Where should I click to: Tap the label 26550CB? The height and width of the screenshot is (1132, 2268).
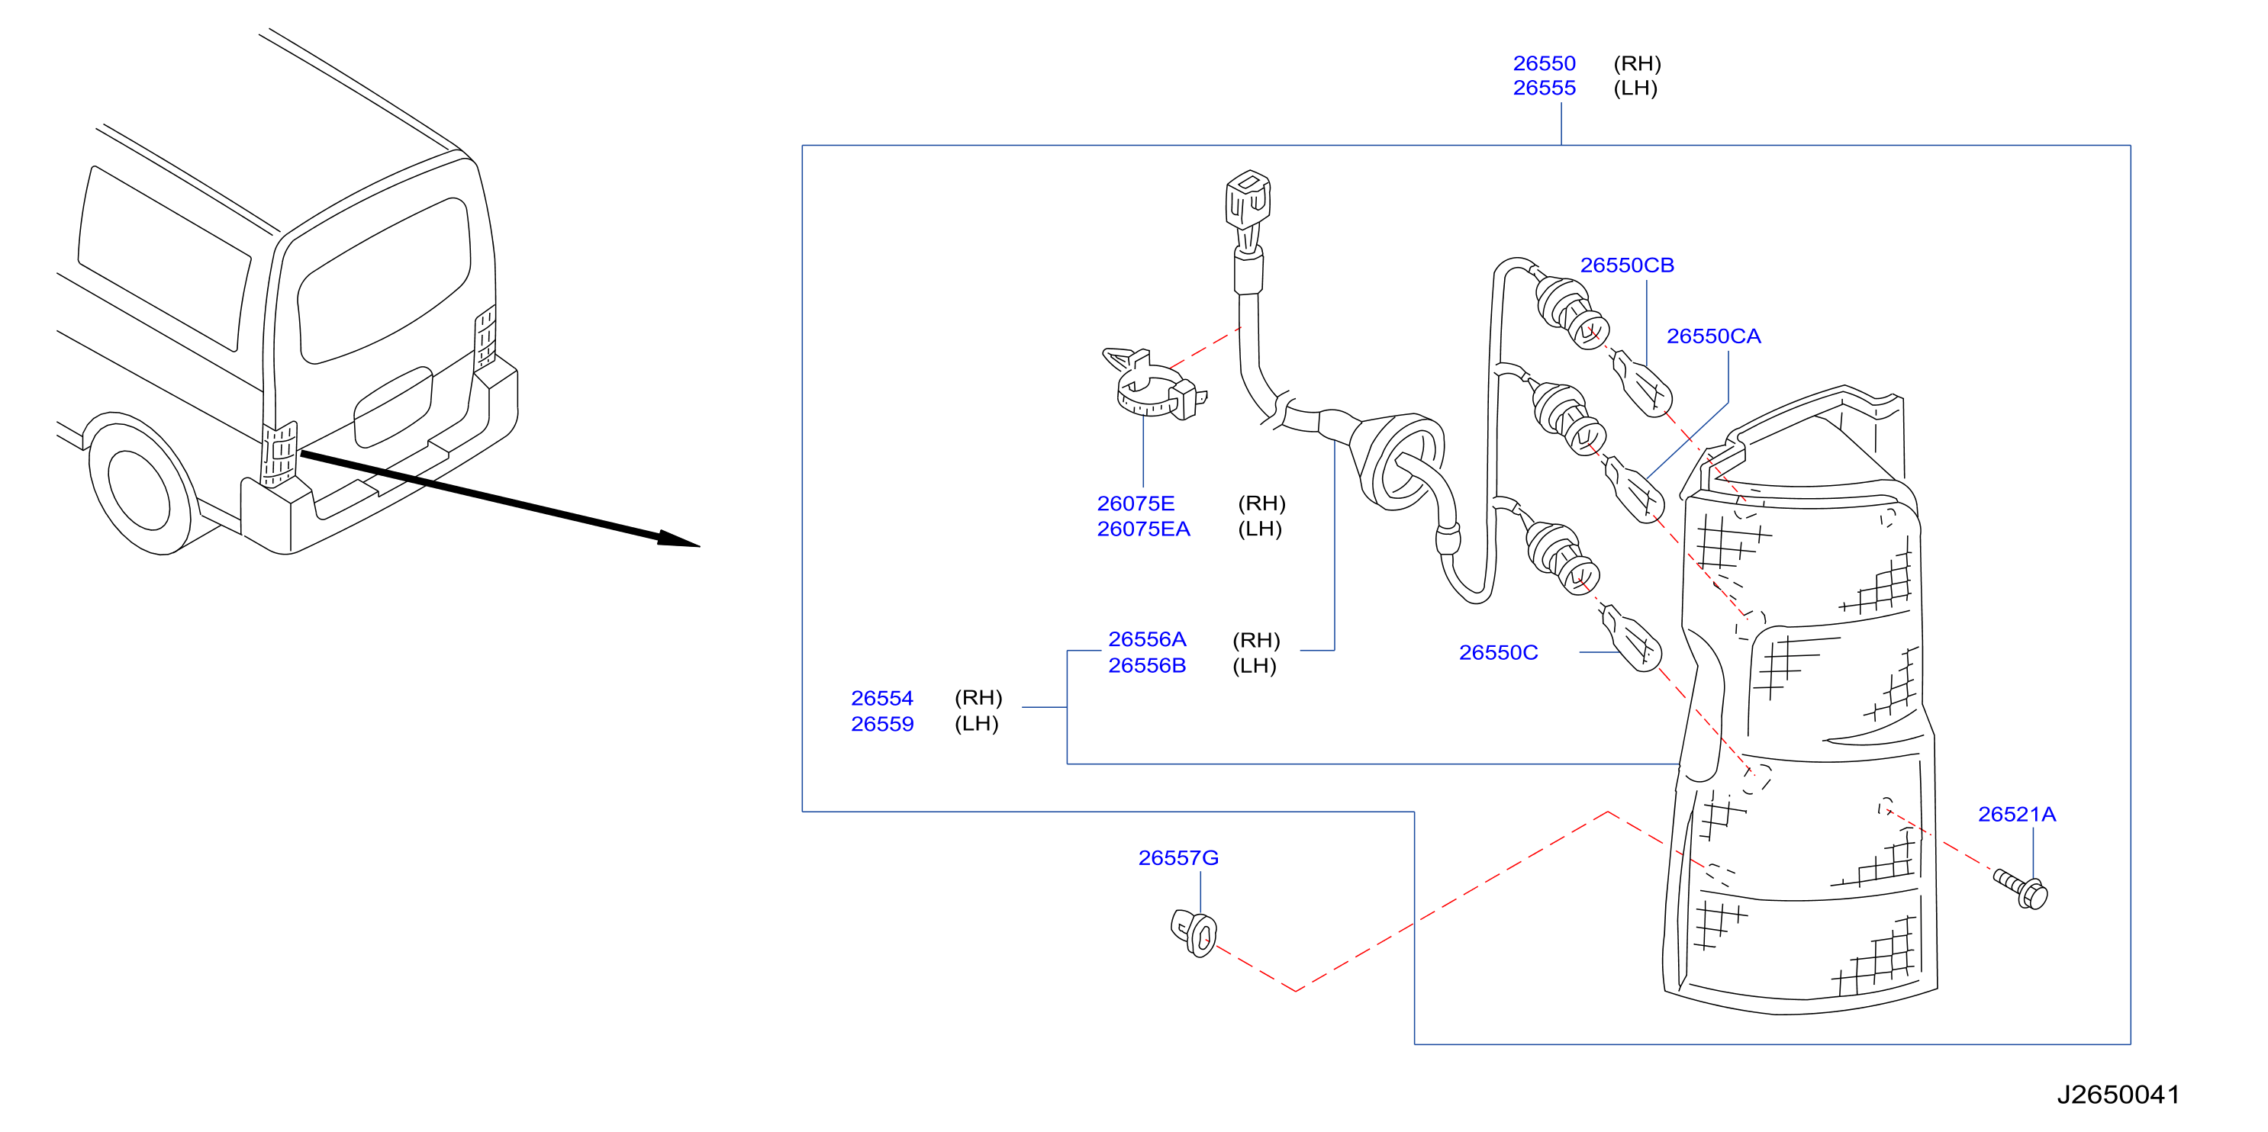(x=1626, y=265)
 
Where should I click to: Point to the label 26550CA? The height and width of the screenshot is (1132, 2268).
(x=1712, y=336)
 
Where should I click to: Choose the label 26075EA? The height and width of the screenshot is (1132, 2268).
(x=1143, y=529)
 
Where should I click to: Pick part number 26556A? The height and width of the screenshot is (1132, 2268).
(x=1146, y=639)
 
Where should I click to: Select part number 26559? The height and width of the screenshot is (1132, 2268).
(x=881, y=724)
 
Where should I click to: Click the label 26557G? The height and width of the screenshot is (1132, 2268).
(x=1178, y=857)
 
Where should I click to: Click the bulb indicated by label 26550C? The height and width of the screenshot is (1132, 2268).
(x=1632, y=639)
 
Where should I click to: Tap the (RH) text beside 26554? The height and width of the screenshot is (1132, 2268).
(x=978, y=698)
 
